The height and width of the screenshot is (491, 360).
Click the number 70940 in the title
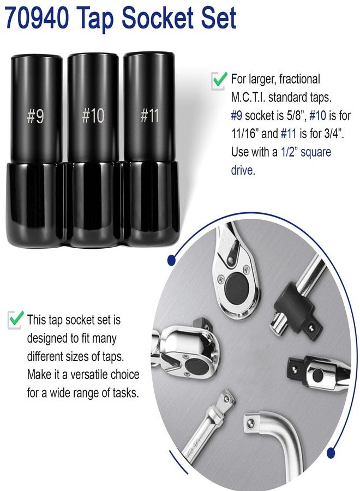tap(37, 18)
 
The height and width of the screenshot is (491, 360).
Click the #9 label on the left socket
tap(35, 116)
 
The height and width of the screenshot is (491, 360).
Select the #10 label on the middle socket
tap(93, 115)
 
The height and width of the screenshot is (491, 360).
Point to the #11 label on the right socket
tap(149, 115)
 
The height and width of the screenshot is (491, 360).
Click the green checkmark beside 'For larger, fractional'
tap(219, 80)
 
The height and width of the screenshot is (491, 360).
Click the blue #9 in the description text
tap(236, 115)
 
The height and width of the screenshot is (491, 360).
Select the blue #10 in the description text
tap(317, 115)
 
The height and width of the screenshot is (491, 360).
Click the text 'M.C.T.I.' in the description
tap(248, 98)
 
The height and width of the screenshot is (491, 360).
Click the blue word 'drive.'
tap(243, 170)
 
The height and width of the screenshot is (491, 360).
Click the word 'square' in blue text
tap(315, 152)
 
